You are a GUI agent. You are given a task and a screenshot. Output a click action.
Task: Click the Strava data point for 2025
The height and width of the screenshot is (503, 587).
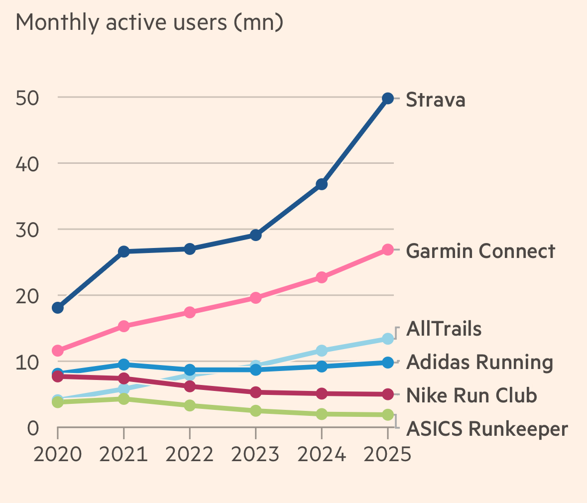(x=388, y=99)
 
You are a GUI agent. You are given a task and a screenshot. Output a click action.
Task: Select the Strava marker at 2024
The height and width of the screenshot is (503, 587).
(x=322, y=184)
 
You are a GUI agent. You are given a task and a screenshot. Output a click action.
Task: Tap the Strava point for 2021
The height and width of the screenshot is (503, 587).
(x=124, y=251)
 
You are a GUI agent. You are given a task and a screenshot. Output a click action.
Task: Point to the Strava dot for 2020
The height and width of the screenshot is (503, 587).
(x=58, y=308)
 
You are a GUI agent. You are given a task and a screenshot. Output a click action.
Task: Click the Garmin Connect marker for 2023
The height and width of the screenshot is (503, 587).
(x=255, y=298)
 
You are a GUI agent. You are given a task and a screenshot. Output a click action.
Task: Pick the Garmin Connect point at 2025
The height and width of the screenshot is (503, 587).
(x=388, y=250)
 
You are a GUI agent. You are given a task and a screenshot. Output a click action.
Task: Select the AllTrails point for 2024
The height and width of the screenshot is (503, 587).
(x=322, y=351)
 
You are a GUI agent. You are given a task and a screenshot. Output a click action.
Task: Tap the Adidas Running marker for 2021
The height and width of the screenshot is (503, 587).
(x=124, y=365)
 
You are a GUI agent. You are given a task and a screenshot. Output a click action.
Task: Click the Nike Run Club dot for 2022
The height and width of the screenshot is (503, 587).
(x=190, y=386)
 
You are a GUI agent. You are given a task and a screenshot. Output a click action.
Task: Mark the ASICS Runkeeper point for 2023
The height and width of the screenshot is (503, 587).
(x=255, y=411)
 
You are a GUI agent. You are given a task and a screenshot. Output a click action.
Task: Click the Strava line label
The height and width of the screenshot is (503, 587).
(x=436, y=100)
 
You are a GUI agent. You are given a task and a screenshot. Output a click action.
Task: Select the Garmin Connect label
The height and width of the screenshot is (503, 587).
(x=480, y=251)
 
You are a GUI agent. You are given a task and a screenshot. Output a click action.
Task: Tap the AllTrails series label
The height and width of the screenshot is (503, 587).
(x=444, y=329)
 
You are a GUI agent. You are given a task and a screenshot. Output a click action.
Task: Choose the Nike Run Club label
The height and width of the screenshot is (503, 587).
(x=471, y=395)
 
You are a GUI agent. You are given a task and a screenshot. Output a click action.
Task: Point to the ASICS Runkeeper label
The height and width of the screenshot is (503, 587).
(x=487, y=429)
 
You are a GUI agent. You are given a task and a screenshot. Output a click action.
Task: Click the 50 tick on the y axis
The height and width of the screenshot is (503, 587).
(x=27, y=98)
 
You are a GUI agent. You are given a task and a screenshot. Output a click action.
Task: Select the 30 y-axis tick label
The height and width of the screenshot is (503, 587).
(x=27, y=230)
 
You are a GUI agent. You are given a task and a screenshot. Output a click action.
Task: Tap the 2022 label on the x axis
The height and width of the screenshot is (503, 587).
(x=190, y=454)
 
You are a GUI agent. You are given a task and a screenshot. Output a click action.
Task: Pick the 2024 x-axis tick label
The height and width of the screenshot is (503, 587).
(x=322, y=454)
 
